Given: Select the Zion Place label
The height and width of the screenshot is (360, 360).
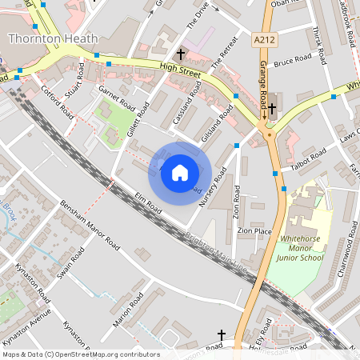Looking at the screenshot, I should tap(254, 231).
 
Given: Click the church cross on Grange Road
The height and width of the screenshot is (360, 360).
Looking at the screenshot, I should tap(272, 108).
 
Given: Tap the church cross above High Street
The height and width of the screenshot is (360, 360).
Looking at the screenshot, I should tap(181, 54).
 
